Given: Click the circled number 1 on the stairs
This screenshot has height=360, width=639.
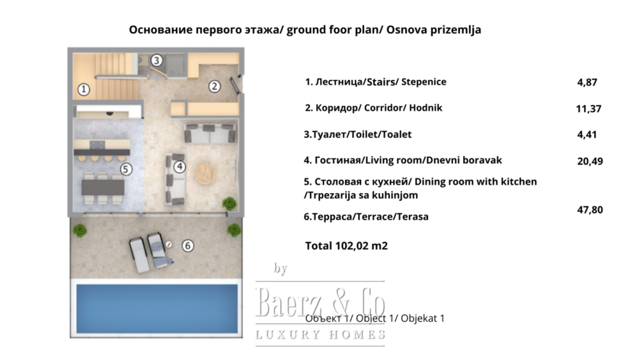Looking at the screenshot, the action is click(x=84, y=89).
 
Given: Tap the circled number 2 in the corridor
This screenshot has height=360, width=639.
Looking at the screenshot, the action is click(x=214, y=86).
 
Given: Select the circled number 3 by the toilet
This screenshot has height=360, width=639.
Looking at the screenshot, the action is click(x=157, y=60).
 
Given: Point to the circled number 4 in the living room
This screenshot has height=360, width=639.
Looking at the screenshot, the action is click(x=180, y=166).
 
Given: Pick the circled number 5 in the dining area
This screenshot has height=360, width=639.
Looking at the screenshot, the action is click(x=126, y=169).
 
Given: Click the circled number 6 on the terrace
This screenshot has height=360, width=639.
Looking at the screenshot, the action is click(x=187, y=246).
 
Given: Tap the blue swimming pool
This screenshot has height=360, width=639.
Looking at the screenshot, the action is click(x=157, y=309).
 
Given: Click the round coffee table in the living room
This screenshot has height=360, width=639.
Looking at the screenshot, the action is click(x=206, y=174).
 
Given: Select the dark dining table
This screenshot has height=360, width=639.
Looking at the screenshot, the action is click(x=103, y=187).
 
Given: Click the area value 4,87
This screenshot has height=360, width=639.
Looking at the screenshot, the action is click(x=587, y=82).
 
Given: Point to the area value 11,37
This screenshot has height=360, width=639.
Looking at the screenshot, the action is click(x=589, y=109).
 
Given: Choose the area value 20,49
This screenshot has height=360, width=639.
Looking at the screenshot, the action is click(x=590, y=161).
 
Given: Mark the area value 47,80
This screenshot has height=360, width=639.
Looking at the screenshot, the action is click(x=590, y=210).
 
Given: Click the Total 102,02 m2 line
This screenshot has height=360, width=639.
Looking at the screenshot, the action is click(x=346, y=246).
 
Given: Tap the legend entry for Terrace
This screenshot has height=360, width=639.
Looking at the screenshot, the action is click(x=366, y=217).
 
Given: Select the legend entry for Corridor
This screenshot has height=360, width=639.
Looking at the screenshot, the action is click(x=374, y=108).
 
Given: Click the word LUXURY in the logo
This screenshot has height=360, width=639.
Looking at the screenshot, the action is click(x=288, y=335).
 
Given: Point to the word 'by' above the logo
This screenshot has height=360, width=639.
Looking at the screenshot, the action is click(x=281, y=269).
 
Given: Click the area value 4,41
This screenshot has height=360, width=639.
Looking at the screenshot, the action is click(x=587, y=134).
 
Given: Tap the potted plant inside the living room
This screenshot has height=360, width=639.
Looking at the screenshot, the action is click(x=229, y=203).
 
